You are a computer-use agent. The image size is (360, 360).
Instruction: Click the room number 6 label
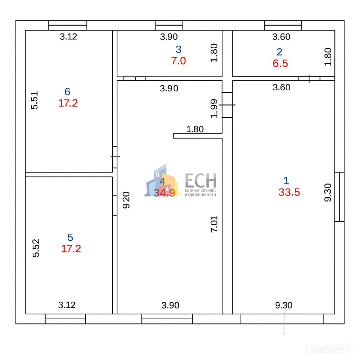(67, 91)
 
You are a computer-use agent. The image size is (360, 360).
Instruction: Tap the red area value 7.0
(179, 61)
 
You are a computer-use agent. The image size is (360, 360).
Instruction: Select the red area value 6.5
(280, 63)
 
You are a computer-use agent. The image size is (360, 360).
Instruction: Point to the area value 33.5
(289, 192)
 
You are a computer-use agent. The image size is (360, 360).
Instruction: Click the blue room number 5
(70, 237)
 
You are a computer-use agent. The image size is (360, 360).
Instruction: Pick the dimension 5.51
(35, 100)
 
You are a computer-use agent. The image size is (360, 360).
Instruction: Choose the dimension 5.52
(36, 248)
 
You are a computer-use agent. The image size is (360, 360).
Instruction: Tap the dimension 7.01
(214, 224)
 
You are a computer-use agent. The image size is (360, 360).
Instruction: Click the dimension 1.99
(214, 109)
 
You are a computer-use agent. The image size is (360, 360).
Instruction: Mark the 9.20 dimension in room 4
(126, 200)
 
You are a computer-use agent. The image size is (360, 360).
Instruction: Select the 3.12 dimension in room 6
(68, 37)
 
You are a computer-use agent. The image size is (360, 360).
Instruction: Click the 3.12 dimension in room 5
(67, 305)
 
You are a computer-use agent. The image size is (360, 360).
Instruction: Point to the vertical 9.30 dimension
(328, 193)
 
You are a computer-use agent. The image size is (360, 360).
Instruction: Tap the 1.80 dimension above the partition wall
(195, 129)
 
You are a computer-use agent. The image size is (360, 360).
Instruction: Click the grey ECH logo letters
(201, 180)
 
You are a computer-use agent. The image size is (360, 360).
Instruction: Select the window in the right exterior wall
(339, 197)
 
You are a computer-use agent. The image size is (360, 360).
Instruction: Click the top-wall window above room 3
(169, 25)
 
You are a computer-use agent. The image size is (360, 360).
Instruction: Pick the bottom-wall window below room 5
(65, 319)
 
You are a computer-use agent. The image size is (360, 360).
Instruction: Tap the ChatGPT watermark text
(329, 349)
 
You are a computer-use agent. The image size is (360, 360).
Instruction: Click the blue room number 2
(279, 52)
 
